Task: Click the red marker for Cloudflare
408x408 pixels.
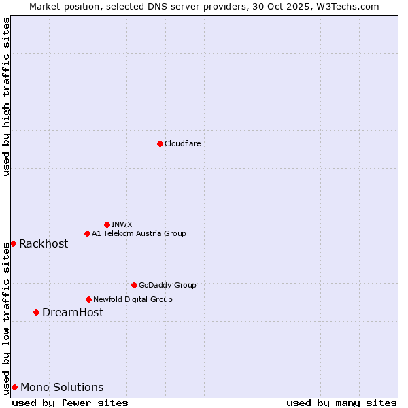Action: pos(160,143)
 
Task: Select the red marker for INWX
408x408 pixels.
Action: pos(107,224)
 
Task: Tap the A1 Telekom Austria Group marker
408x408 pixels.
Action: pos(87,233)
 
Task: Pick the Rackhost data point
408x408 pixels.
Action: pos(13,243)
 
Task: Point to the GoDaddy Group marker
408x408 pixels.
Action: pos(134,285)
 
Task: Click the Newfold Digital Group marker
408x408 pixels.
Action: pos(88,299)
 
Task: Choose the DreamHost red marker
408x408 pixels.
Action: pos(36,312)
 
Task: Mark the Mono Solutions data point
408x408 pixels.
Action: pos(14,387)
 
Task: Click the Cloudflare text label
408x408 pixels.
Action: pos(182,143)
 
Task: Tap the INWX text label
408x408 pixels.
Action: pos(122,224)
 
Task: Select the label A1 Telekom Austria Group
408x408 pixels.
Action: pos(139,233)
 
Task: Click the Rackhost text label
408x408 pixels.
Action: pos(44,243)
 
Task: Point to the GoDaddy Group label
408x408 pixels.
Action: pos(167,285)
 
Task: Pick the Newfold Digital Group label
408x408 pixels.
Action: pos(133,299)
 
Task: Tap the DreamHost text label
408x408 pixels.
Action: pos(73,312)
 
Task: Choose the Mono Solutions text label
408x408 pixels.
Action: pos(62,387)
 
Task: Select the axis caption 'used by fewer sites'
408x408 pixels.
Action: pos(70,403)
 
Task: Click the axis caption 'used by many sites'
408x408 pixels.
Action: pos(341,403)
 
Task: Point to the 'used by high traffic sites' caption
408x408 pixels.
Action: pos(6,97)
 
